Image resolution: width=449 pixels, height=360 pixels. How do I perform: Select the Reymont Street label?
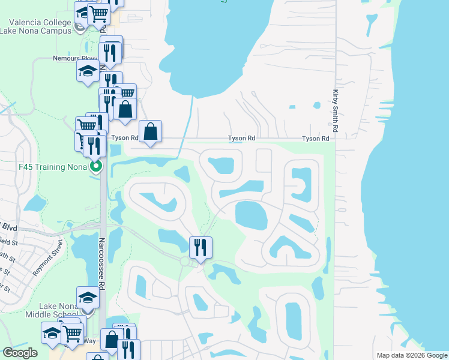coord(48,257)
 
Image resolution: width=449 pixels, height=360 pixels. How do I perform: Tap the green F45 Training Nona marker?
coord(95,166)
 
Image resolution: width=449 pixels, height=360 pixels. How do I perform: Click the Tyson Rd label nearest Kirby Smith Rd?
coord(316,139)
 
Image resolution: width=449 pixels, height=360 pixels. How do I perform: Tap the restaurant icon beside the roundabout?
coord(200,247)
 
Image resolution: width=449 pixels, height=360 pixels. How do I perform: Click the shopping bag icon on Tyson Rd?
coord(150,131)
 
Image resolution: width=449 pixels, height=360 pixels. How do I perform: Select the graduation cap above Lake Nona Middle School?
coord(88,296)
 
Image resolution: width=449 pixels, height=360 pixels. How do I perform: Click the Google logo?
coord(20,353)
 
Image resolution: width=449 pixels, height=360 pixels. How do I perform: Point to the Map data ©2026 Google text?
coord(411,355)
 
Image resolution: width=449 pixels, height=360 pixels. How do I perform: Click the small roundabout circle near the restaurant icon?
coord(185,260)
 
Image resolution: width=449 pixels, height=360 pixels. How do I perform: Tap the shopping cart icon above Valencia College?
coord(98,13)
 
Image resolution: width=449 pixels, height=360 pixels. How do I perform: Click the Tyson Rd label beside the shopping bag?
coord(125,138)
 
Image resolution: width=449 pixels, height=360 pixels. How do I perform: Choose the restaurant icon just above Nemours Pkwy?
coord(111,51)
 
